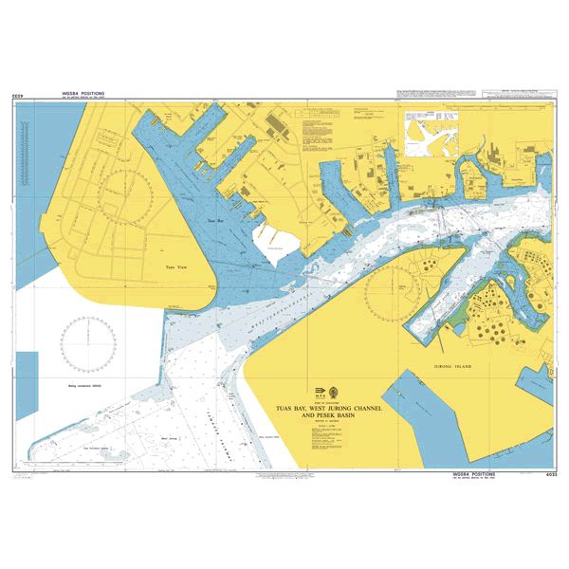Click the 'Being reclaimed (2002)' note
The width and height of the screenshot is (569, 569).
(x=83, y=386)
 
